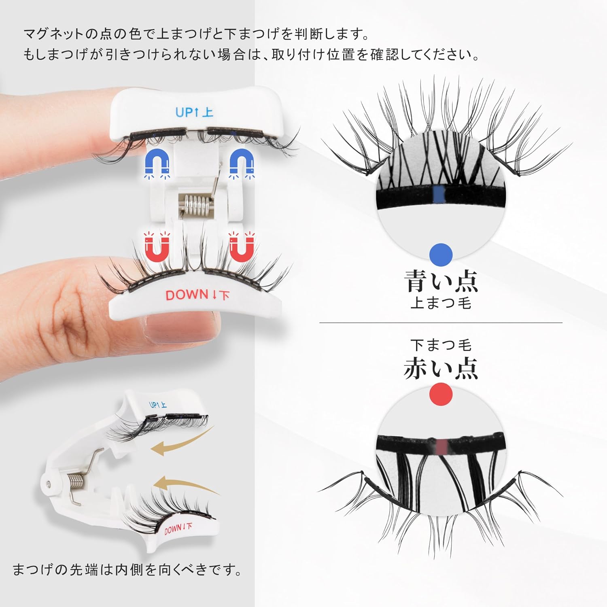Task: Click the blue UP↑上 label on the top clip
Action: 194,112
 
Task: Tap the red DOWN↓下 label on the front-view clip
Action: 197,295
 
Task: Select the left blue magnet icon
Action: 157,164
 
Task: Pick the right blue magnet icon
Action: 242,164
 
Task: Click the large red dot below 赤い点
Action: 441,393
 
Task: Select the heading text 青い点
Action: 441,281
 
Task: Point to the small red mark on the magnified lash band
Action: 441,446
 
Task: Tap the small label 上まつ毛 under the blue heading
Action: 441,303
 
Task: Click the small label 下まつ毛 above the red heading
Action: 441,345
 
